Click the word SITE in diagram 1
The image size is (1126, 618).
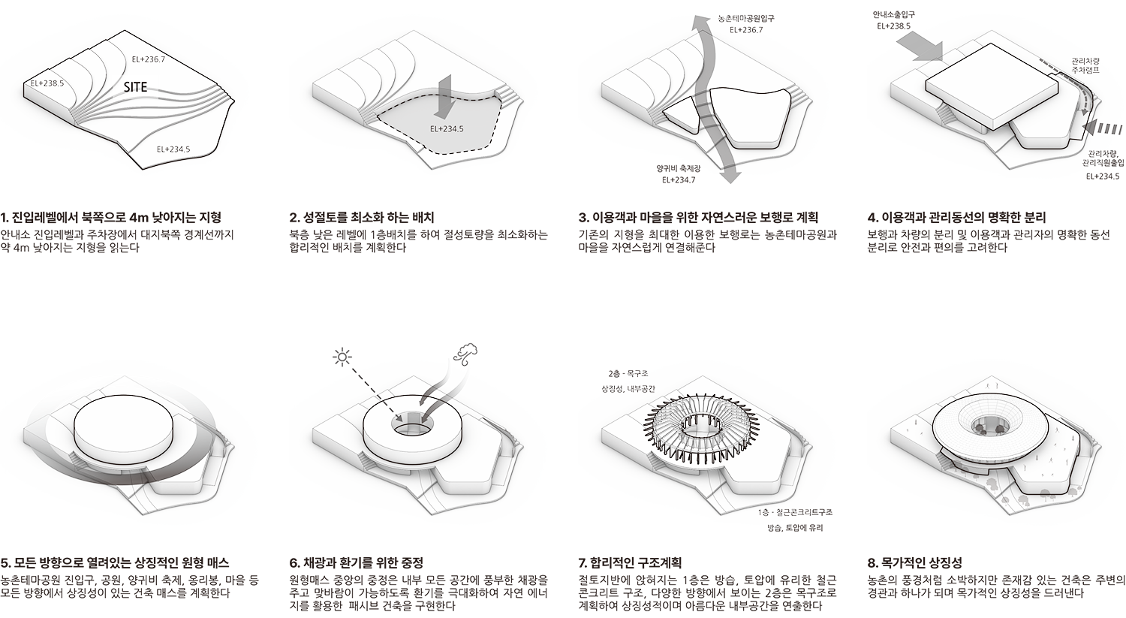coord(136,87)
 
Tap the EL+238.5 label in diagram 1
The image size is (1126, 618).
coord(47,83)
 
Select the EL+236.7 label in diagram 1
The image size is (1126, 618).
coord(149,59)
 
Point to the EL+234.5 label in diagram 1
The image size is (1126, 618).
coord(173,149)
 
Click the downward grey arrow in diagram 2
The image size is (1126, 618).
coord(445,96)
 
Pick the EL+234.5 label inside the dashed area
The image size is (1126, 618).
coord(447,128)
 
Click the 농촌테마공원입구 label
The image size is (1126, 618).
coord(746,18)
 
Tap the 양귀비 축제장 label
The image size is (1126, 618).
coord(678,168)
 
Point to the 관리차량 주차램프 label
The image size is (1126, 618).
coord(1085,66)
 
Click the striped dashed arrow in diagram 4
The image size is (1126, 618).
coord(1102,128)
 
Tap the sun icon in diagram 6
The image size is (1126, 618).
coord(342,357)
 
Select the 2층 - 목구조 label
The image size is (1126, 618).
coord(628,374)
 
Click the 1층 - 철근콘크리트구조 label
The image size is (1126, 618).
coord(795,512)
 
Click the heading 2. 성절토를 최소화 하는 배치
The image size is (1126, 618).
coord(362,217)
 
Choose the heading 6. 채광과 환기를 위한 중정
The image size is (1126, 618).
coord(357,562)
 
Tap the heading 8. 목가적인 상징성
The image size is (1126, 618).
coord(915,562)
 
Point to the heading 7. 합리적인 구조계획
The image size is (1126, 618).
coord(630,562)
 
